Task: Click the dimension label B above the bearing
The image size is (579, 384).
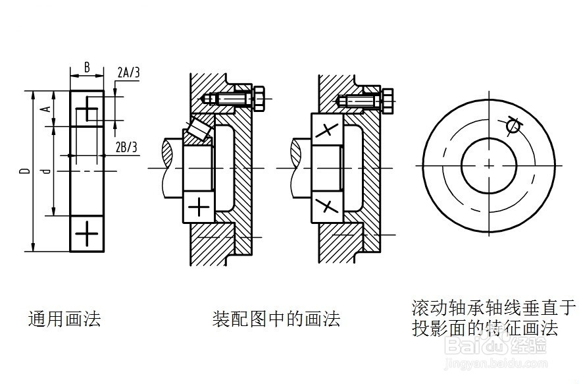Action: (87, 68)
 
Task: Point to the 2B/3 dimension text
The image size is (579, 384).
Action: (126, 146)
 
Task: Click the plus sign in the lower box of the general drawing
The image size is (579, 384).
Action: (87, 233)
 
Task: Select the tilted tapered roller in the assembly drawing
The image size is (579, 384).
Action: (198, 129)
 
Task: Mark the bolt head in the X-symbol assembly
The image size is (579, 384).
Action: (388, 100)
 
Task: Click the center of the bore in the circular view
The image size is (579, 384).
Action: (488, 163)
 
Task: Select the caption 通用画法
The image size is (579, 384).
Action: (64, 320)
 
